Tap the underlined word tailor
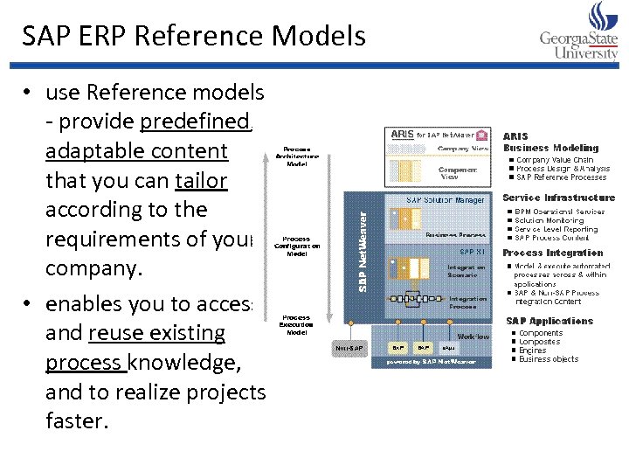pyautogui.click(x=201, y=180)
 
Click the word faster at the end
pyautogui.click(x=77, y=420)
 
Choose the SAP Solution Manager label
pyautogui.click(x=446, y=200)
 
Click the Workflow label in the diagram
pyautogui.click(x=473, y=335)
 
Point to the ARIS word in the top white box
pyautogui.click(x=402, y=135)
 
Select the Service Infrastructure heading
pyautogui.click(x=558, y=198)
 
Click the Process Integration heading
pyautogui.click(x=552, y=253)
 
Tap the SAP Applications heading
pyautogui.click(x=549, y=321)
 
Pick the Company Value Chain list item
pyautogui.click(x=555, y=160)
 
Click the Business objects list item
pyautogui.click(x=548, y=359)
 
